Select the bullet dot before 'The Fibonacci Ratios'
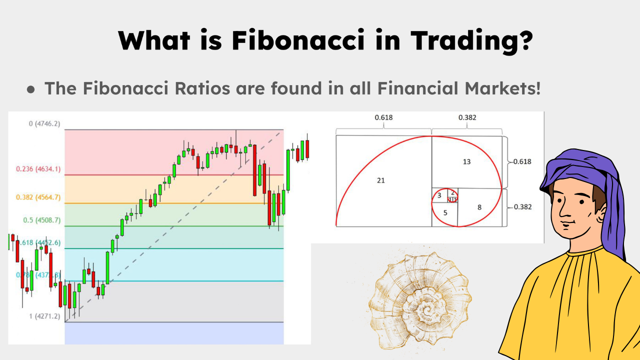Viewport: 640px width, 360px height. coord(31,89)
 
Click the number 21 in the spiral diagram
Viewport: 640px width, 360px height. coord(381,180)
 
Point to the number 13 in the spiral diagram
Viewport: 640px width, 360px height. coord(466,161)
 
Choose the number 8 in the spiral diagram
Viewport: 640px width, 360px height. coord(479,207)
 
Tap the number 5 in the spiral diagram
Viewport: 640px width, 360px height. coord(445,212)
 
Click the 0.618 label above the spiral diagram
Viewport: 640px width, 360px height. coord(383,118)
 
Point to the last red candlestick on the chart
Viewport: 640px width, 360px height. coord(307,148)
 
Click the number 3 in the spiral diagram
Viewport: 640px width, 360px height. coord(439,195)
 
